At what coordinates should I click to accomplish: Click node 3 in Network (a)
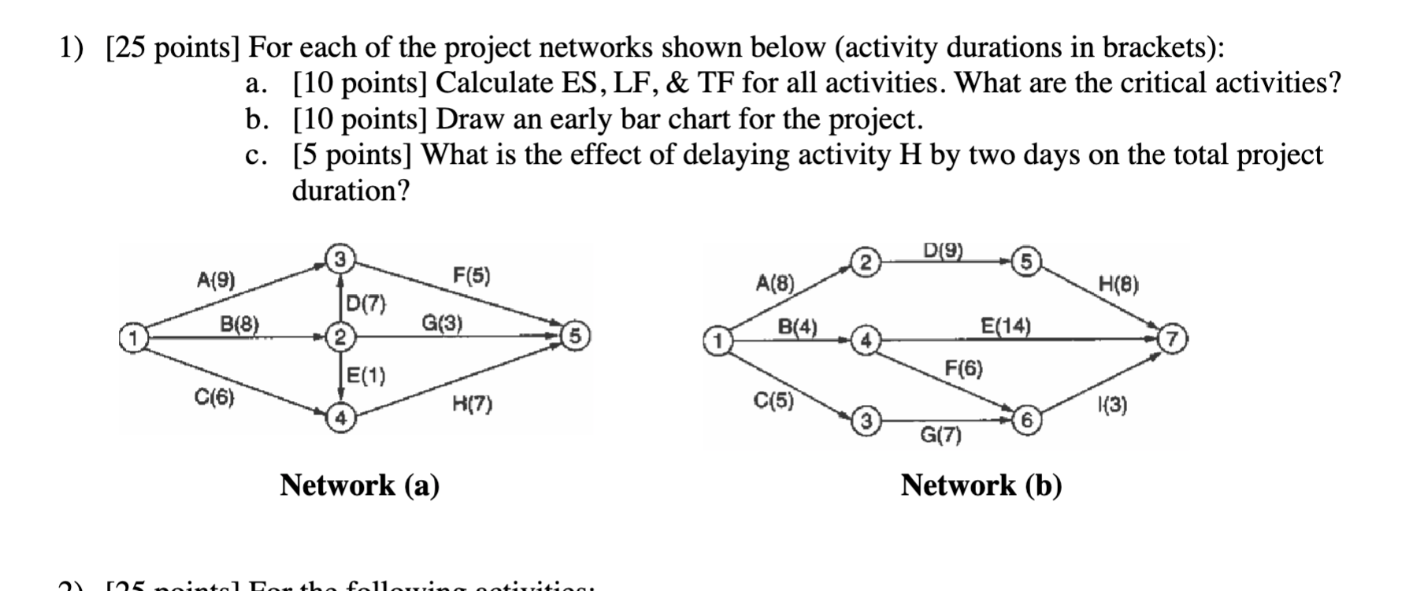pyautogui.click(x=339, y=258)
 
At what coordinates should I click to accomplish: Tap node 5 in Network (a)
pyautogui.click(x=574, y=336)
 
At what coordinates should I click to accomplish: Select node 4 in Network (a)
pyautogui.click(x=339, y=418)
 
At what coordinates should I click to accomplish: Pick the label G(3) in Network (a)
pyautogui.click(x=443, y=322)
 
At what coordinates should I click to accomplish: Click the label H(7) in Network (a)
pyautogui.click(x=472, y=404)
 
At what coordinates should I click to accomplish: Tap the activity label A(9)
pyautogui.click(x=216, y=280)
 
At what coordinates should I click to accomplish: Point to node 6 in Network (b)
pyautogui.click(x=1026, y=420)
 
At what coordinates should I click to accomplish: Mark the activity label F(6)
pyautogui.click(x=964, y=368)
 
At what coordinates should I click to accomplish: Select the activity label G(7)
pyautogui.click(x=941, y=434)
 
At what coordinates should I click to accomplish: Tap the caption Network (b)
pyautogui.click(x=981, y=485)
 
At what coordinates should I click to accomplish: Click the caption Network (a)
pyautogui.click(x=360, y=485)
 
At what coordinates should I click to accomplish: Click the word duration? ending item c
pyautogui.click(x=351, y=191)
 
